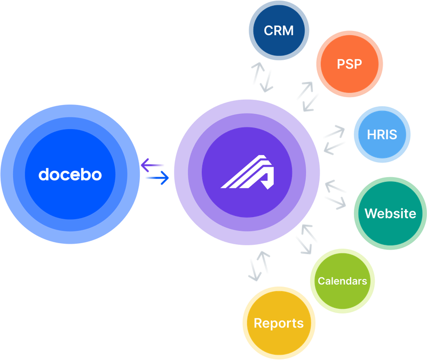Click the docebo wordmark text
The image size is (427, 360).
70,174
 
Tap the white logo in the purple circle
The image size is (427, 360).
247,172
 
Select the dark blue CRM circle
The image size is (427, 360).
279,30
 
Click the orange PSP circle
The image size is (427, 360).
349,64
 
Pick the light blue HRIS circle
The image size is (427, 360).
382,134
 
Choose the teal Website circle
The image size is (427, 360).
390,213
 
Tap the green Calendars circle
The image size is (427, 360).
342,281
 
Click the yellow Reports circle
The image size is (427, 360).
279,323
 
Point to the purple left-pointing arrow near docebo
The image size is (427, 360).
153,166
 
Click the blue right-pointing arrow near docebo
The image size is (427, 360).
157,178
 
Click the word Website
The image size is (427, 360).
390,213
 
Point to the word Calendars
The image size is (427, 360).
342,281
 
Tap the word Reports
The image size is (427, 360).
279,323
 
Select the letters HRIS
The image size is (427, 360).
382,134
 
